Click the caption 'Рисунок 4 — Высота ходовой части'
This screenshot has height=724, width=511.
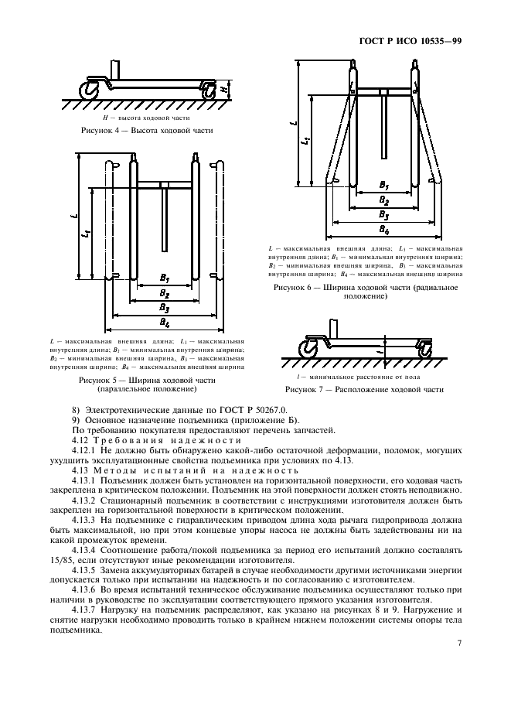(x=147, y=131)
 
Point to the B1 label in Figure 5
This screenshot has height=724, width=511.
(x=165, y=276)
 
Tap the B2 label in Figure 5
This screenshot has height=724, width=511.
(x=165, y=292)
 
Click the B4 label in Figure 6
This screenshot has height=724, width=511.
(x=384, y=229)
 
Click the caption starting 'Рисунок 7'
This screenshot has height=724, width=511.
(x=364, y=389)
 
